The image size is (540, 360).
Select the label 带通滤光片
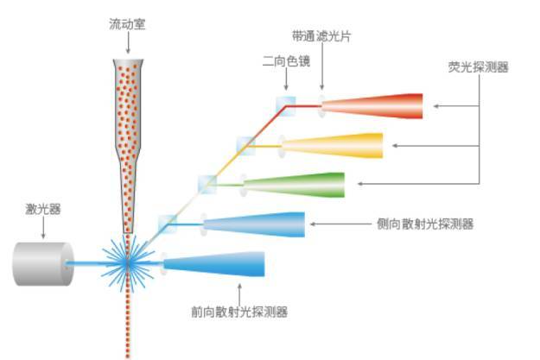tap(321, 35)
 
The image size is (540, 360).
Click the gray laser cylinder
tap(41, 262)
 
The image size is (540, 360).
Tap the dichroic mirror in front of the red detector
tap(286, 105)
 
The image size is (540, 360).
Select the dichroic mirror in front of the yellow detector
tap(247, 145)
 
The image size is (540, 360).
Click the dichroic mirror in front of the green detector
tap(207, 184)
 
